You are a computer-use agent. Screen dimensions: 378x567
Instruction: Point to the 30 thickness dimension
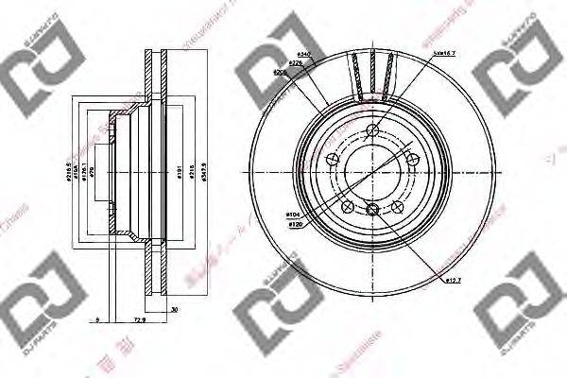pos(176,309)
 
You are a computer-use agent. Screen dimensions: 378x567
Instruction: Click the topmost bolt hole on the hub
pos(374,133)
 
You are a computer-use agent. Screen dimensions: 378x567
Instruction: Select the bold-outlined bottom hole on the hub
pos(374,210)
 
